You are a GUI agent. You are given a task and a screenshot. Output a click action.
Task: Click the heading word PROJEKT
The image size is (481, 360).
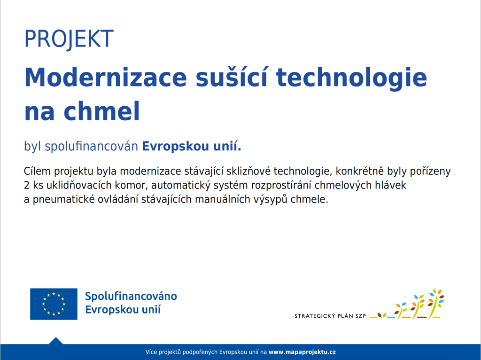pos(69,39)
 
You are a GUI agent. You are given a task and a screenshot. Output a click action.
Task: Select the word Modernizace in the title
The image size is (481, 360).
pos(106,78)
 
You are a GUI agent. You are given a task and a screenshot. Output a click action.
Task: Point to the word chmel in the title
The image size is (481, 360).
pos(101,111)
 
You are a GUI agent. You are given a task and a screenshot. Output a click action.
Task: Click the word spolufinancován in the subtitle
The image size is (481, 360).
pos(92,146)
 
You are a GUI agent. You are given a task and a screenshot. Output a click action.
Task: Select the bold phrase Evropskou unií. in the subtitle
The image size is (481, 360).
pos(192,146)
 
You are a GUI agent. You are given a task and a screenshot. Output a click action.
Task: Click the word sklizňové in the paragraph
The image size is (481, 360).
pos(248,171)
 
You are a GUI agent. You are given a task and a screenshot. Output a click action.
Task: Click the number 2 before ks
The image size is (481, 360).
pos(27,185)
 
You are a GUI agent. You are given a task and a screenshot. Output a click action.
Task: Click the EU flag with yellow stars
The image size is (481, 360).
pos(54,304)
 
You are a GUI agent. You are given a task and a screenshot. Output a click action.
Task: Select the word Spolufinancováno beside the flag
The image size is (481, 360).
pos(131,296)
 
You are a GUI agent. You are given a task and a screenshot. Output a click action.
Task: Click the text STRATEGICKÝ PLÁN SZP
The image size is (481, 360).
pos(330,316)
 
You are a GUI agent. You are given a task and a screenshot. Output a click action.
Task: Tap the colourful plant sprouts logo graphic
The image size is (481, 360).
pos(407,304)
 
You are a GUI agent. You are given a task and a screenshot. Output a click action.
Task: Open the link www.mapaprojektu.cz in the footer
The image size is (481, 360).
pos(302,352)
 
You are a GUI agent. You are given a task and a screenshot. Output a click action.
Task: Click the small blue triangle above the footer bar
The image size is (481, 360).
pos(56,341)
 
